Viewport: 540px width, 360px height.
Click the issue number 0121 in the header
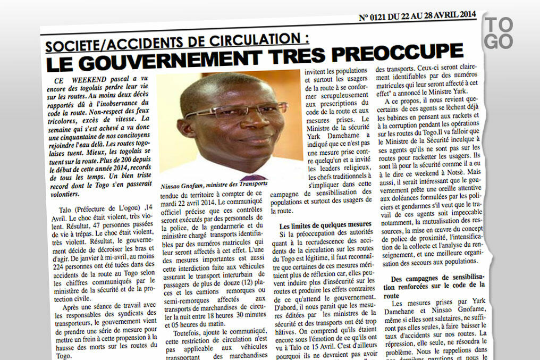coord(384,17)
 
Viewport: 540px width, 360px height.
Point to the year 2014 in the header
coord(465,14)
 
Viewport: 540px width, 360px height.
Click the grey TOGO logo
coord(499,32)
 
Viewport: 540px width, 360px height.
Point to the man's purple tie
coord(254,177)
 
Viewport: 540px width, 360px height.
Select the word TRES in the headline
coord(303,55)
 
